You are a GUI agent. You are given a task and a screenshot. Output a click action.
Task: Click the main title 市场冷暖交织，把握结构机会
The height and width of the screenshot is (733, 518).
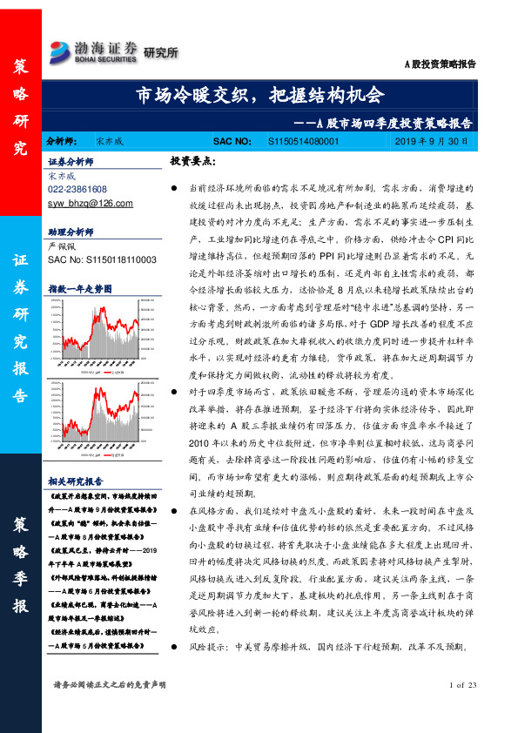click(x=259, y=95)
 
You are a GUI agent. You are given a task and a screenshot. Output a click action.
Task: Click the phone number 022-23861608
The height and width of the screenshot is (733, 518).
click(x=77, y=189)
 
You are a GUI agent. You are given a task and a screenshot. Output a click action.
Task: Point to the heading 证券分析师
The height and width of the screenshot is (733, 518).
click(x=71, y=162)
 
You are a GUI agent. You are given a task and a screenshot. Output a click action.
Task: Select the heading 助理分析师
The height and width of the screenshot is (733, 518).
click(x=71, y=232)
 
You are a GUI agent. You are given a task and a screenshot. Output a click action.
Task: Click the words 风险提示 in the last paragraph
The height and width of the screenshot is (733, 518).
click(x=207, y=649)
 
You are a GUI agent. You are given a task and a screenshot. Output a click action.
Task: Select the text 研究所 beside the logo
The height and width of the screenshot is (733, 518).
click(x=160, y=52)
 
